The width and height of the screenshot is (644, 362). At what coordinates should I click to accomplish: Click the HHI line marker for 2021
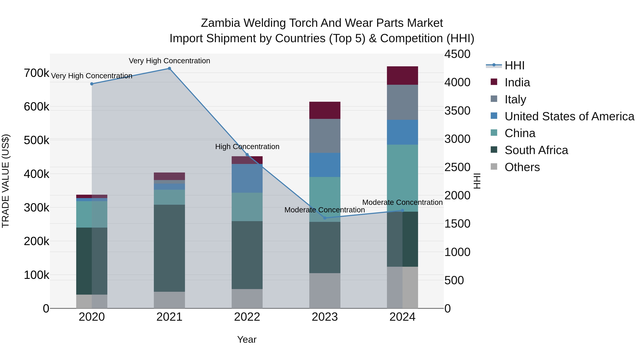click(x=169, y=68)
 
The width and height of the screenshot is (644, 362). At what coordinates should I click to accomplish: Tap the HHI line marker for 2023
click(x=325, y=218)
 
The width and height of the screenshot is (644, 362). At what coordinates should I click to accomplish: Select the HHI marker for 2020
click(x=92, y=84)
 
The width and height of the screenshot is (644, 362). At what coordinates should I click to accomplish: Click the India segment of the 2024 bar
click(x=402, y=75)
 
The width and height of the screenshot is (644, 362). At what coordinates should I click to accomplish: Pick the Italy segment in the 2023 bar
click(x=325, y=136)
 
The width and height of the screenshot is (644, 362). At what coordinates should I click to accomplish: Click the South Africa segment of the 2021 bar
click(x=169, y=248)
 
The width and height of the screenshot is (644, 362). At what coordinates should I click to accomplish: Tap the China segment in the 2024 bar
click(x=402, y=178)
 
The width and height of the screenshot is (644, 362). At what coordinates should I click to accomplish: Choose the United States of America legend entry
click(x=569, y=116)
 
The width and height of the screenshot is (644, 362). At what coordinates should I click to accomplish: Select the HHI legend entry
click(x=514, y=65)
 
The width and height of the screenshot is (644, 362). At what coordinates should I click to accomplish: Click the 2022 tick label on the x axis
click(x=247, y=317)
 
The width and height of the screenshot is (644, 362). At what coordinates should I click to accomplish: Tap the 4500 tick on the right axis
click(x=457, y=54)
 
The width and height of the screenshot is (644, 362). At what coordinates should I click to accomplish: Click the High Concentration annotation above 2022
click(x=247, y=147)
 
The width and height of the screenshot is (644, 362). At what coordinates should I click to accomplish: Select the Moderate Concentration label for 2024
click(x=402, y=202)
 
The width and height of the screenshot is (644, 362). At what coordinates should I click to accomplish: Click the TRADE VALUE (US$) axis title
click(x=6, y=181)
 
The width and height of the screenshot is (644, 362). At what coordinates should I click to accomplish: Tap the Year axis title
click(x=247, y=339)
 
